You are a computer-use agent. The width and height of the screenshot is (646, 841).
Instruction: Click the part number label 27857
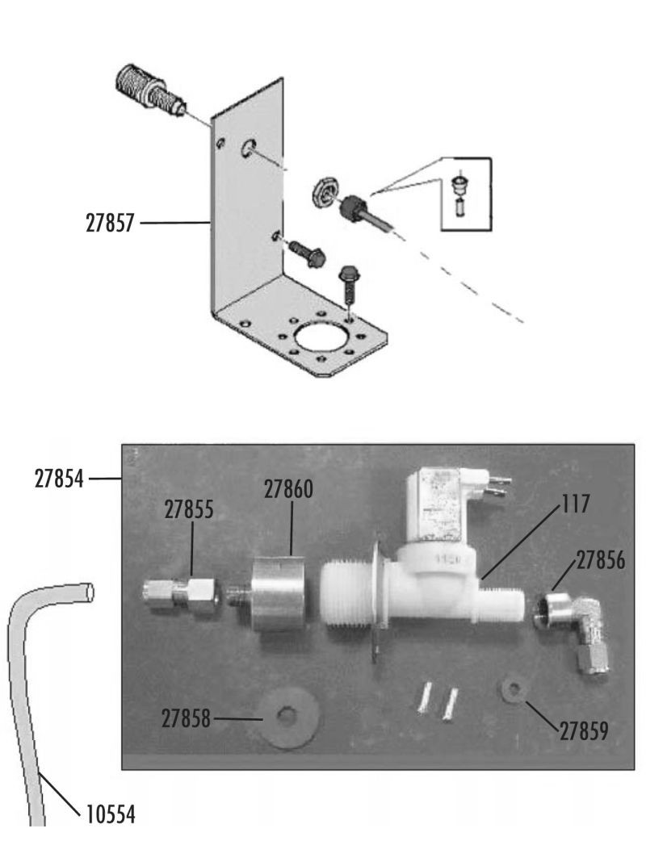coord(110,223)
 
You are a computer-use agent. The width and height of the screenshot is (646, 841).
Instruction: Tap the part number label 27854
coord(59,479)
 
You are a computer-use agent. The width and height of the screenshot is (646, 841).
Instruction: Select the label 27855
coord(189,509)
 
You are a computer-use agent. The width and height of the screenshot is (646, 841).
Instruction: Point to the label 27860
coord(288,489)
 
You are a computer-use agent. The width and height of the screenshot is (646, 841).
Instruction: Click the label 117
coord(576,503)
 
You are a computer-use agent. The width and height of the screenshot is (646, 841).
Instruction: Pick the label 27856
coord(601,560)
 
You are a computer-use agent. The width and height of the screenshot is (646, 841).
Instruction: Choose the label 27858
coord(187,718)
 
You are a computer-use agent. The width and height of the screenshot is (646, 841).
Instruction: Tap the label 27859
coord(584,730)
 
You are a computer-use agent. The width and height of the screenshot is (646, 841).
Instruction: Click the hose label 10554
coord(111,814)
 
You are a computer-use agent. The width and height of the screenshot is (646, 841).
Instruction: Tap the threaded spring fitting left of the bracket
coord(151,90)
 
